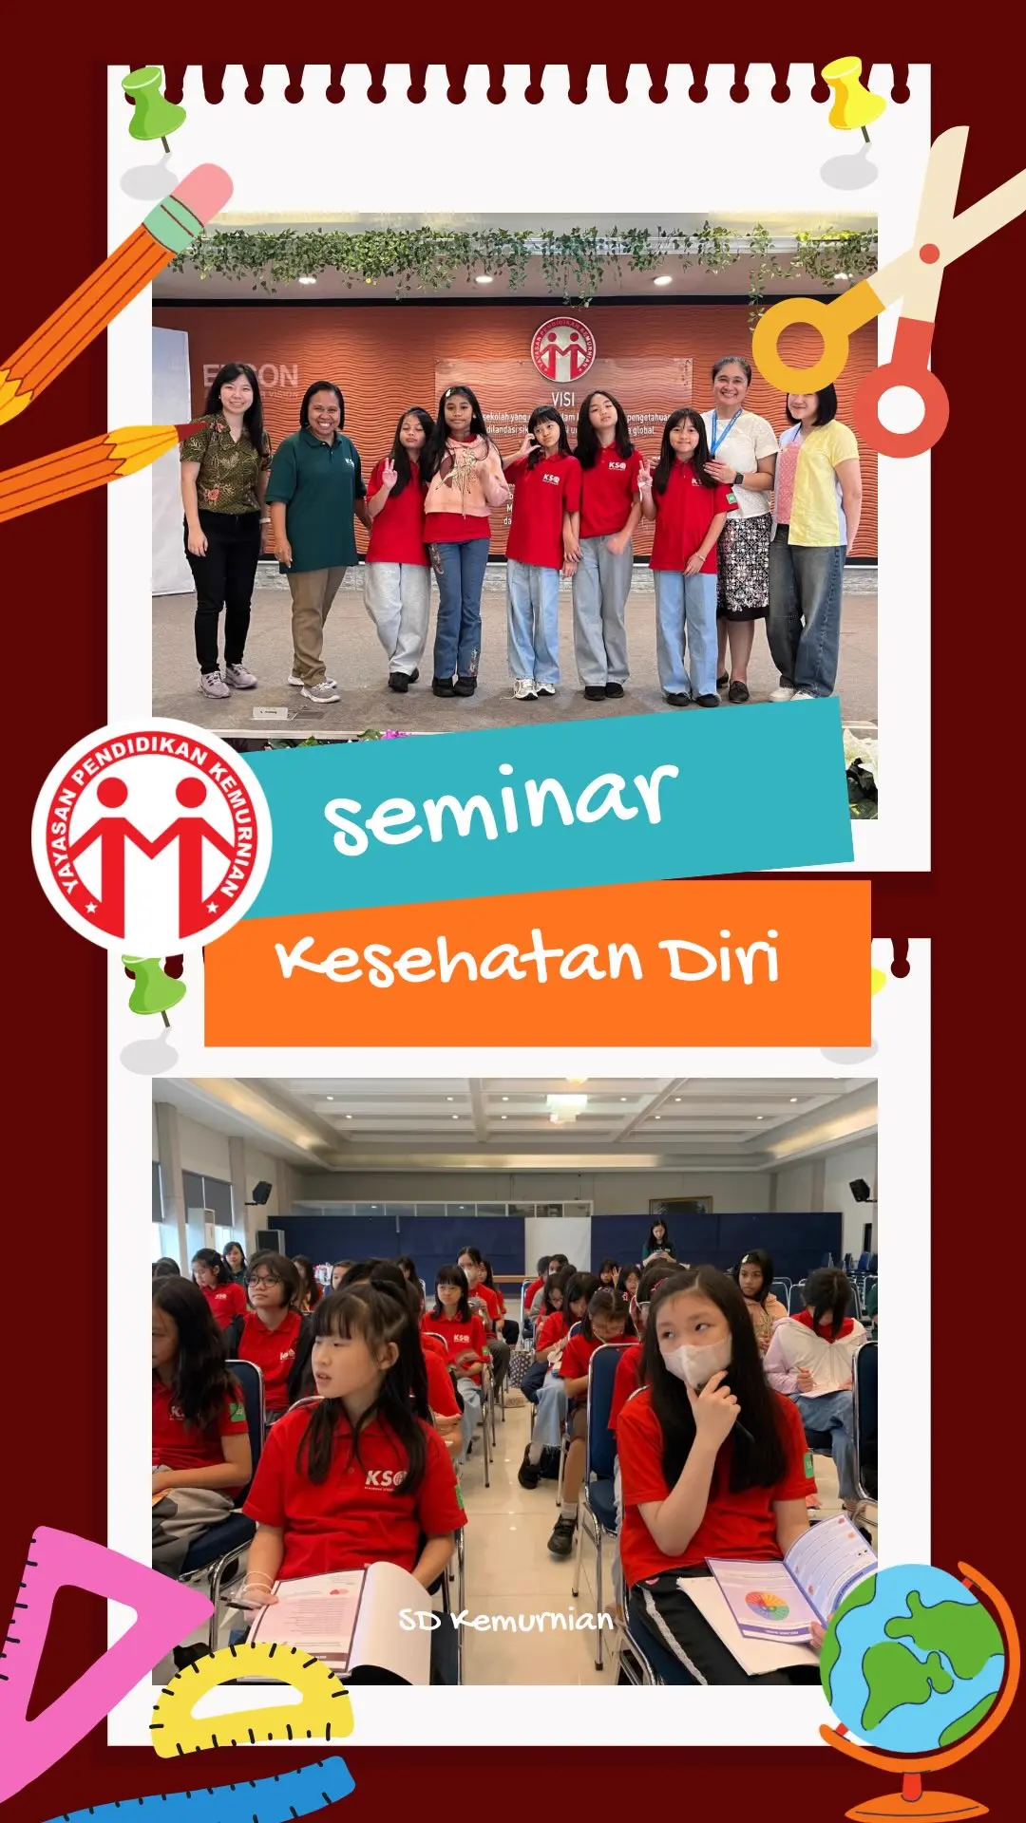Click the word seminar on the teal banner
[502, 805]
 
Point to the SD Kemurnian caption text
[505, 1620]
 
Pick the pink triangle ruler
[66, 1633]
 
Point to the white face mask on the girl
[695, 1360]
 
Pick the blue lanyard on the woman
[724, 432]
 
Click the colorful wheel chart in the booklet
[768, 1605]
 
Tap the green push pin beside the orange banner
[154, 987]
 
